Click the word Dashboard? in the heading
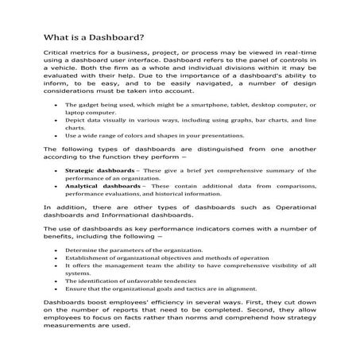click(x=112, y=37)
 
